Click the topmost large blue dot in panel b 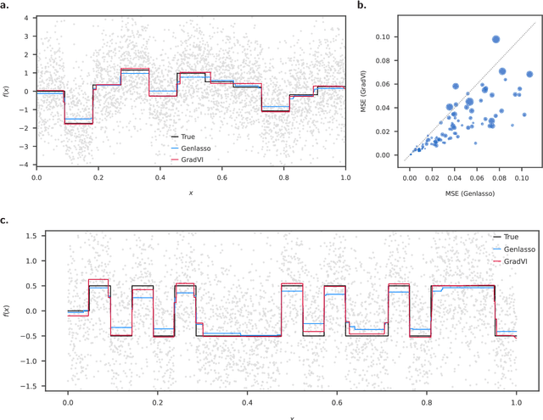(496, 39)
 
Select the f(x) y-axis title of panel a (6, 91)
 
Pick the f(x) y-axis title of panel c (6, 311)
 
